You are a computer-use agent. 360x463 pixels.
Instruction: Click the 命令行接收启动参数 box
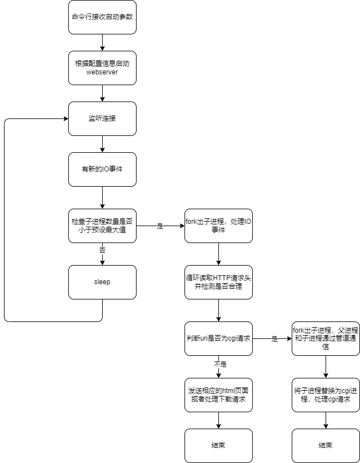[102, 17]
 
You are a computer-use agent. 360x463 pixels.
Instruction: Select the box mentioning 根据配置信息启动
[102, 68]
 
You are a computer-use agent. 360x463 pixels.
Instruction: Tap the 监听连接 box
[102, 118]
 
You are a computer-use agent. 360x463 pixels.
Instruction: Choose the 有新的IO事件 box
[102, 169]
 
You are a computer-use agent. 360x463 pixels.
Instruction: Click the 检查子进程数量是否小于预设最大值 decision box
[102, 226]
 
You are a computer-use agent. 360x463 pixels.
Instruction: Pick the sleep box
[102, 282]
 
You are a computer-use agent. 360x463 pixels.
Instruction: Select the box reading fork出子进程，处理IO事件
[218, 226]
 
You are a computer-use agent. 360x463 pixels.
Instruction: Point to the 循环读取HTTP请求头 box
[218, 282]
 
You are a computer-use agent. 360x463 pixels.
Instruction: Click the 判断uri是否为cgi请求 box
[218, 338]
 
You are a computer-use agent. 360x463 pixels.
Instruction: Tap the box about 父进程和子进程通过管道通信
[326, 338]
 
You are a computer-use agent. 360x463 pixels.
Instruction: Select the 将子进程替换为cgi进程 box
[326, 395]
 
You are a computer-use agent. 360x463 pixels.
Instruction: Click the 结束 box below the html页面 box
[218, 446]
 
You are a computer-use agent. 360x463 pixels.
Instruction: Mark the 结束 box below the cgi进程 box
[326, 446]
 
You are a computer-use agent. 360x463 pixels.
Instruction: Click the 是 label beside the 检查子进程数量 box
[160, 226]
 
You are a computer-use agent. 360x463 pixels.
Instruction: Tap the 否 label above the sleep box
[102, 250]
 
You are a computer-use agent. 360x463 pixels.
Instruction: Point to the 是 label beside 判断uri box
[275, 339]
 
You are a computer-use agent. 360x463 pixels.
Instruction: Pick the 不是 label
[220, 364]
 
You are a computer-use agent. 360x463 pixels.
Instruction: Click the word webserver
[102, 72]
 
